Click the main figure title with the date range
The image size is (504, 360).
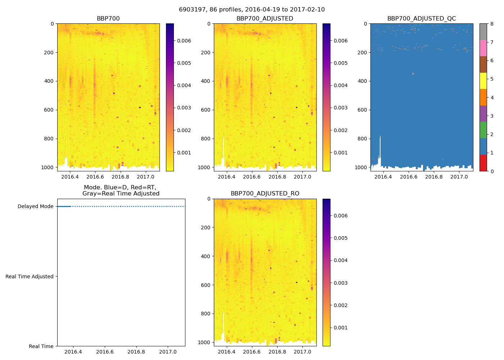tap(252, 10)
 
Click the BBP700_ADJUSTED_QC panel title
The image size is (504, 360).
tap(422, 19)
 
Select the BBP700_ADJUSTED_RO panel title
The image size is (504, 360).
tap(265, 194)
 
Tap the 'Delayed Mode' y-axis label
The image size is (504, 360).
tap(35, 206)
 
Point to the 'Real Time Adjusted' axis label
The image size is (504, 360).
tap(30, 276)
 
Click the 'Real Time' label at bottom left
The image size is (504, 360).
tap(41, 346)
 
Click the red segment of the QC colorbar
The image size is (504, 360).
tap(483, 163)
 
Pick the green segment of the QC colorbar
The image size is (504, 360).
tap(483, 130)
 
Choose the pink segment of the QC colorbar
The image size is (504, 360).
tap(483, 48)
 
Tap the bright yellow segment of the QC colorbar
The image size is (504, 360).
tap(483, 81)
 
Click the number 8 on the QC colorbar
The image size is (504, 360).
tap(492, 24)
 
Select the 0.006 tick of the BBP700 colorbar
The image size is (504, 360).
tap(184, 41)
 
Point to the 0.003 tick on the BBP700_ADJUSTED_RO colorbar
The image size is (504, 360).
tap(341, 283)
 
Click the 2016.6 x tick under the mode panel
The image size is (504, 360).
tap(105, 352)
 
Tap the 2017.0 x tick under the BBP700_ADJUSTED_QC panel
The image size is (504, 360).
tap(459, 177)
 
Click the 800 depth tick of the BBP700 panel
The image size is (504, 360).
tap(49, 139)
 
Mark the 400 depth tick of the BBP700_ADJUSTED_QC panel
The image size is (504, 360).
tap(363, 81)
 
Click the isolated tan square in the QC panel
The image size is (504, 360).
tap(413, 73)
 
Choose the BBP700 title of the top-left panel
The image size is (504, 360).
tap(108, 19)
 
